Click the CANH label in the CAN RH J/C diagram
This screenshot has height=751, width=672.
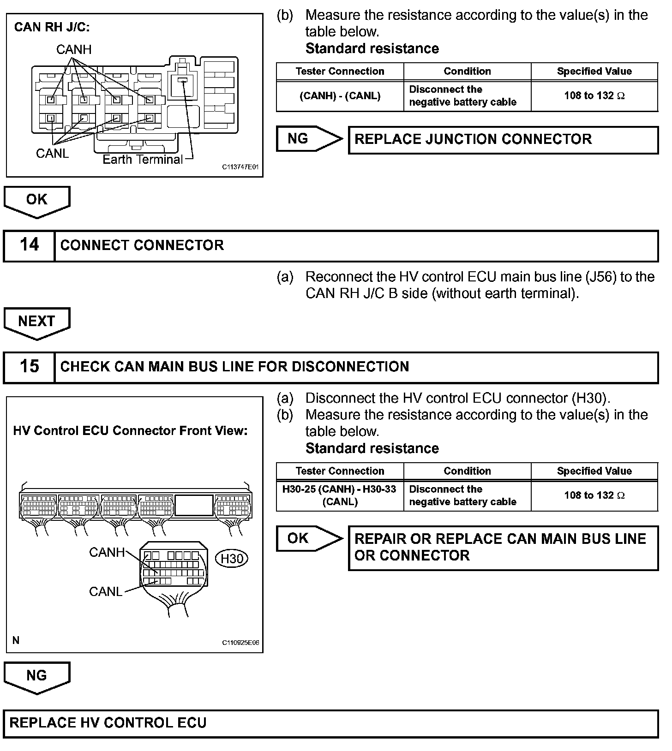(x=74, y=49)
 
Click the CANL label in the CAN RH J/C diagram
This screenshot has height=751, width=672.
(x=52, y=153)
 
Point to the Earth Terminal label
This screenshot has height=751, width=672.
(x=143, y=160)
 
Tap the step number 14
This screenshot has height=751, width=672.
(x=29, y=245)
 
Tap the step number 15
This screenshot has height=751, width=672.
(x=29, y=367)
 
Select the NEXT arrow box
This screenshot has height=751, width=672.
(x=36, y=322)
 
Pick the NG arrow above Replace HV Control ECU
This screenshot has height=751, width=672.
(x=36, y=676)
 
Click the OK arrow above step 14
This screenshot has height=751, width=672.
(x=36, y=200)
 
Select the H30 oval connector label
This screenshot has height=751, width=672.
(x=232, y=559)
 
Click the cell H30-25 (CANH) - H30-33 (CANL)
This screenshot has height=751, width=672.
(x=340, y=495)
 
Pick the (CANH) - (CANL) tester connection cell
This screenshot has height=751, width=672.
(x=340, y=96)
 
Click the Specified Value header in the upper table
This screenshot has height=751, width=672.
(x=594, y=72)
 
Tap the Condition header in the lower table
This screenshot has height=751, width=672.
(x=467, y=471)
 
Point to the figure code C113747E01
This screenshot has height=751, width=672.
(x=240, y=167)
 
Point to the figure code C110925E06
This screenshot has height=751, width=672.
(x=240, y=643)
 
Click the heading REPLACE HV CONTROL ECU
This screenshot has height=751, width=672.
(x=108, y=722)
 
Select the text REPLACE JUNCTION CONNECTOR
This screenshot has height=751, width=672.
(x=473, y=139)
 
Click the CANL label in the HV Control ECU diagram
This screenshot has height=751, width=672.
(x=105, y=592)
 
